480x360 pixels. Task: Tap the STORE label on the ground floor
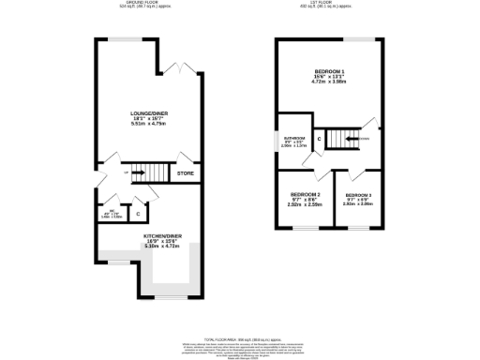click(x=186, y=172)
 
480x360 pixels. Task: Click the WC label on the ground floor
click(x=110, y=211)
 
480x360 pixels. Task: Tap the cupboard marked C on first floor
click(x=321, y=140)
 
